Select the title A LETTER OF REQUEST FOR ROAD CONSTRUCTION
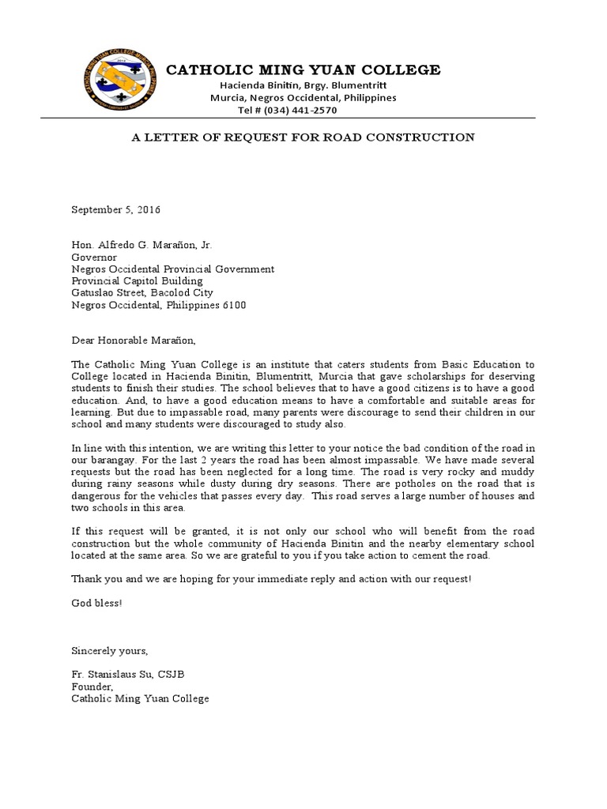(303, 137)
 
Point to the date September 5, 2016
(116, 210)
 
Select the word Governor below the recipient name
(94, 257)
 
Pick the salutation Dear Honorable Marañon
(132, 341)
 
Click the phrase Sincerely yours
(109, 650)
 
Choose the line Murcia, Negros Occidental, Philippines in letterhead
(303, 98)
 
